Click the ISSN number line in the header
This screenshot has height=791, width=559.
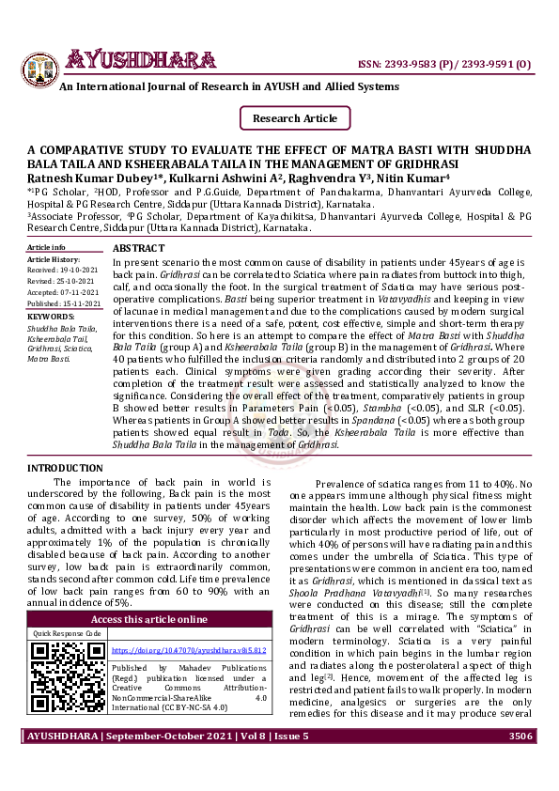[444, 65]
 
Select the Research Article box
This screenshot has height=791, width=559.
[295, 118]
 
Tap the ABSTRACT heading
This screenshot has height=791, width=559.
[138, 247]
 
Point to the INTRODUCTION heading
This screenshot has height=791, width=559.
[65, 467]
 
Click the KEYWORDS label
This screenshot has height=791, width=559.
[50, 317]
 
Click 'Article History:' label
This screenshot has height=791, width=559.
[54, 258]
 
